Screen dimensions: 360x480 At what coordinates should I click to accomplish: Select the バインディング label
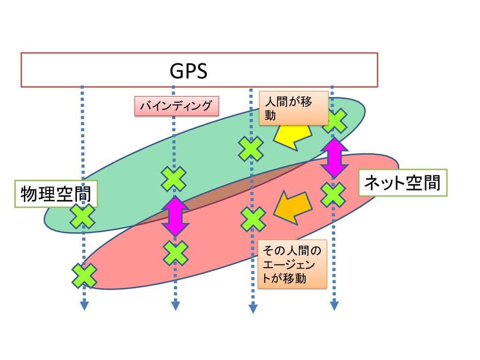point(177,106)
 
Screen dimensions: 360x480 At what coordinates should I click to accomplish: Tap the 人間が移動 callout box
point(293,108)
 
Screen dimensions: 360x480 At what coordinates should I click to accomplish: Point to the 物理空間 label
point(56,194)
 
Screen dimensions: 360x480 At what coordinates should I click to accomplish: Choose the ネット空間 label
point(403,183)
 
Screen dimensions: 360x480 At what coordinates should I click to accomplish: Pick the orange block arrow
point(292,207)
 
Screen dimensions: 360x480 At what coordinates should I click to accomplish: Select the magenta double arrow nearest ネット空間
point(334,157)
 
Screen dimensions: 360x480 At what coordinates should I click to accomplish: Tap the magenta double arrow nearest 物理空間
point(174,216)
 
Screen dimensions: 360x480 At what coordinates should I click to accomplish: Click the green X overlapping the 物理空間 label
point(82,216)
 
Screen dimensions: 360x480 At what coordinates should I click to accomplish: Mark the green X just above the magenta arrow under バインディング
point(174,179)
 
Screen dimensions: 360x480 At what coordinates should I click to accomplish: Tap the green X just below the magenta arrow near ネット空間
point(333,195)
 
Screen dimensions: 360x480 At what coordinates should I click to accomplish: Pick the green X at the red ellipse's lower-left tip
point(84,275)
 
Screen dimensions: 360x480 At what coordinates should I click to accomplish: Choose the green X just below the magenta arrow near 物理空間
point(175,253)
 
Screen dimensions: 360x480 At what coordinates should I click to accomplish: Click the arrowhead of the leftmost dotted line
point(84,306)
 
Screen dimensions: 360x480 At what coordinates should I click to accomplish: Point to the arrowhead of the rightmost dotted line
point(334,306)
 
